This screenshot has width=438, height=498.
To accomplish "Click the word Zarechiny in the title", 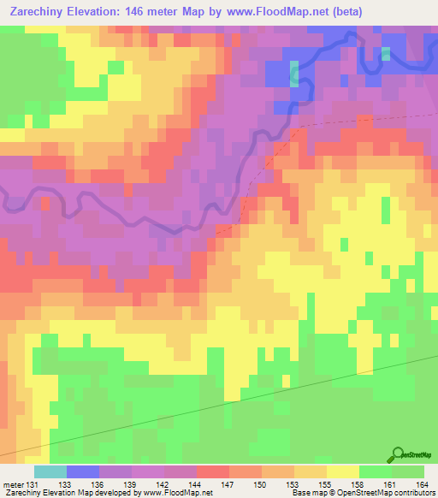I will point(40,12).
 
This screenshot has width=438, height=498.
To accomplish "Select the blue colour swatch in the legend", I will point(83,471).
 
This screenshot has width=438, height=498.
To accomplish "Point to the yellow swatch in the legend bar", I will point(343,471).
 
